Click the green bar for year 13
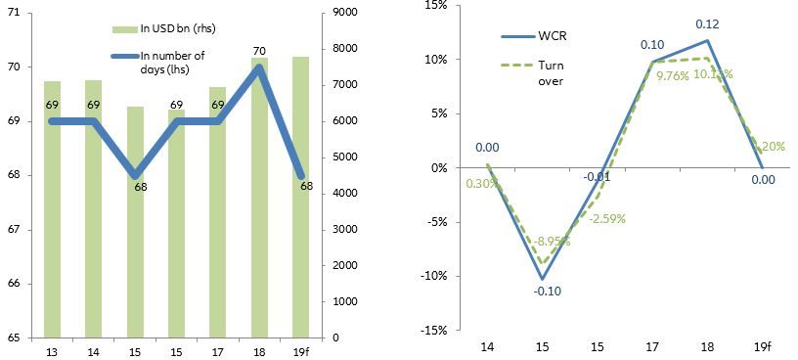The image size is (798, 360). pos(53,209)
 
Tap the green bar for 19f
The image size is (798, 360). pos(300,197)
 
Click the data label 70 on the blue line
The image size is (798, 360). pos(259,51)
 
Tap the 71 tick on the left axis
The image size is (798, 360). pos(22,13)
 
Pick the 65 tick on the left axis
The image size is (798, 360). pos(22,337)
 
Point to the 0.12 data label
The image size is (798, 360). pos(706,23)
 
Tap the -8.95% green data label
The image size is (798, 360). pos(550,241)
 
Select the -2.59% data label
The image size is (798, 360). pos(606,218)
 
